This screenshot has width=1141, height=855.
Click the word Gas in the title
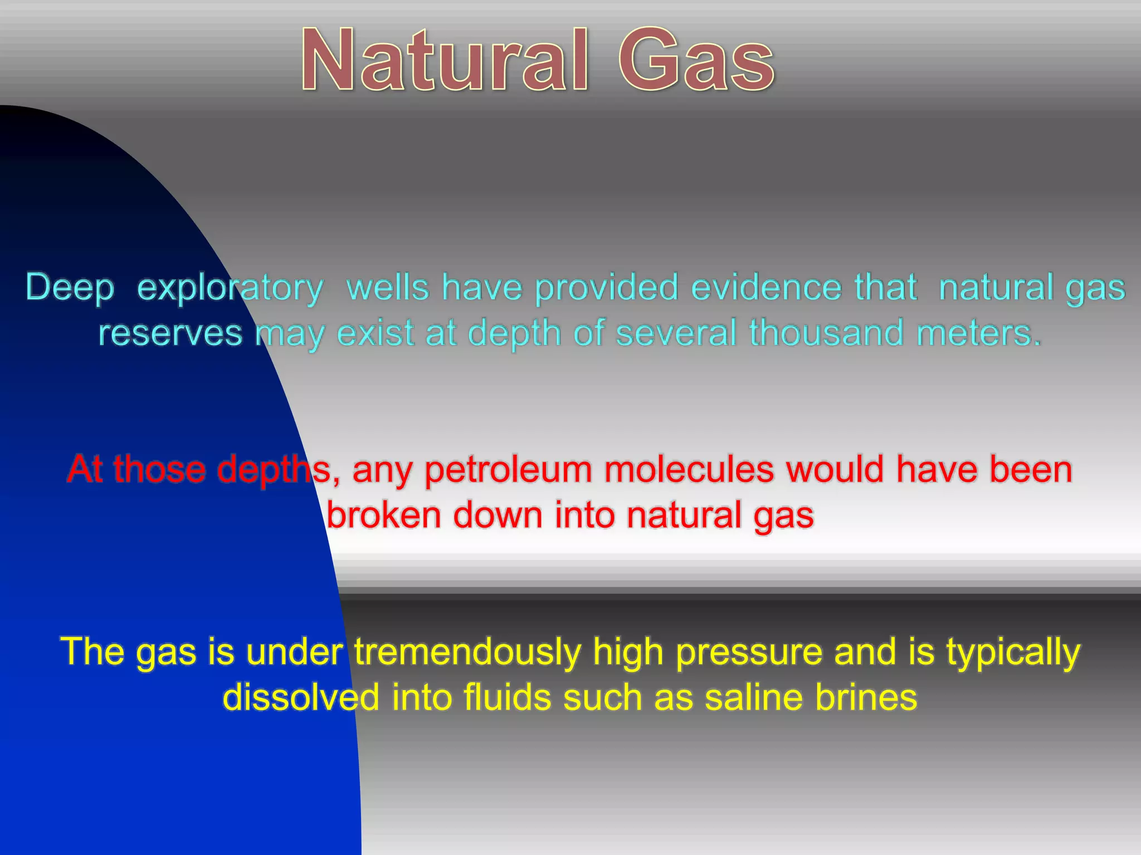click(696, 60)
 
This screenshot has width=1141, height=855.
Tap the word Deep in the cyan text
click(70, 288)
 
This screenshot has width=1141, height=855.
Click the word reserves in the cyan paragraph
click(170, 333)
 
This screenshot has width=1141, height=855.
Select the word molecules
click(689, 469)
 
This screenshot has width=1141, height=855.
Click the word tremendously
click(467, 652)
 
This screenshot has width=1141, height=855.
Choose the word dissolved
click(301, 697)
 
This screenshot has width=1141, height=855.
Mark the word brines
click(866, 697)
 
